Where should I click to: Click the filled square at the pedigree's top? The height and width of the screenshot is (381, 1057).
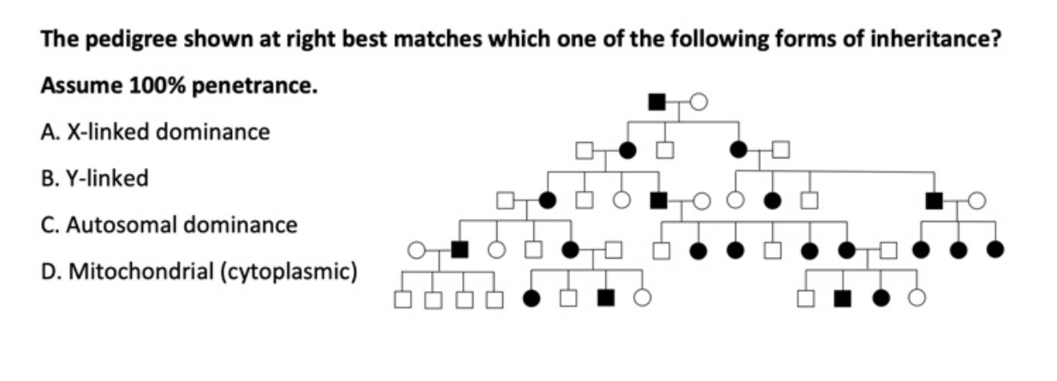pos(657,102)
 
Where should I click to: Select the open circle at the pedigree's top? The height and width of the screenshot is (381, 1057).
pos(698,103)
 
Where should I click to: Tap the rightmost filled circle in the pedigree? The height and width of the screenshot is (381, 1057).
pos(994,250)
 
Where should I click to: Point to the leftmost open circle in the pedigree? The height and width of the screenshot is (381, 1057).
pos(416,250)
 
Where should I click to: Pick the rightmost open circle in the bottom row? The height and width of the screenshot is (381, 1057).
pos(917,299)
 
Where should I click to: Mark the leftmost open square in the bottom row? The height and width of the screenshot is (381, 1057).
pos(401,299)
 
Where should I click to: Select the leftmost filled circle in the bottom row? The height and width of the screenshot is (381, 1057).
pos(531,299)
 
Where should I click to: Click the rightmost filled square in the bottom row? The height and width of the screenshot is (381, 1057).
pos(842,299)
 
